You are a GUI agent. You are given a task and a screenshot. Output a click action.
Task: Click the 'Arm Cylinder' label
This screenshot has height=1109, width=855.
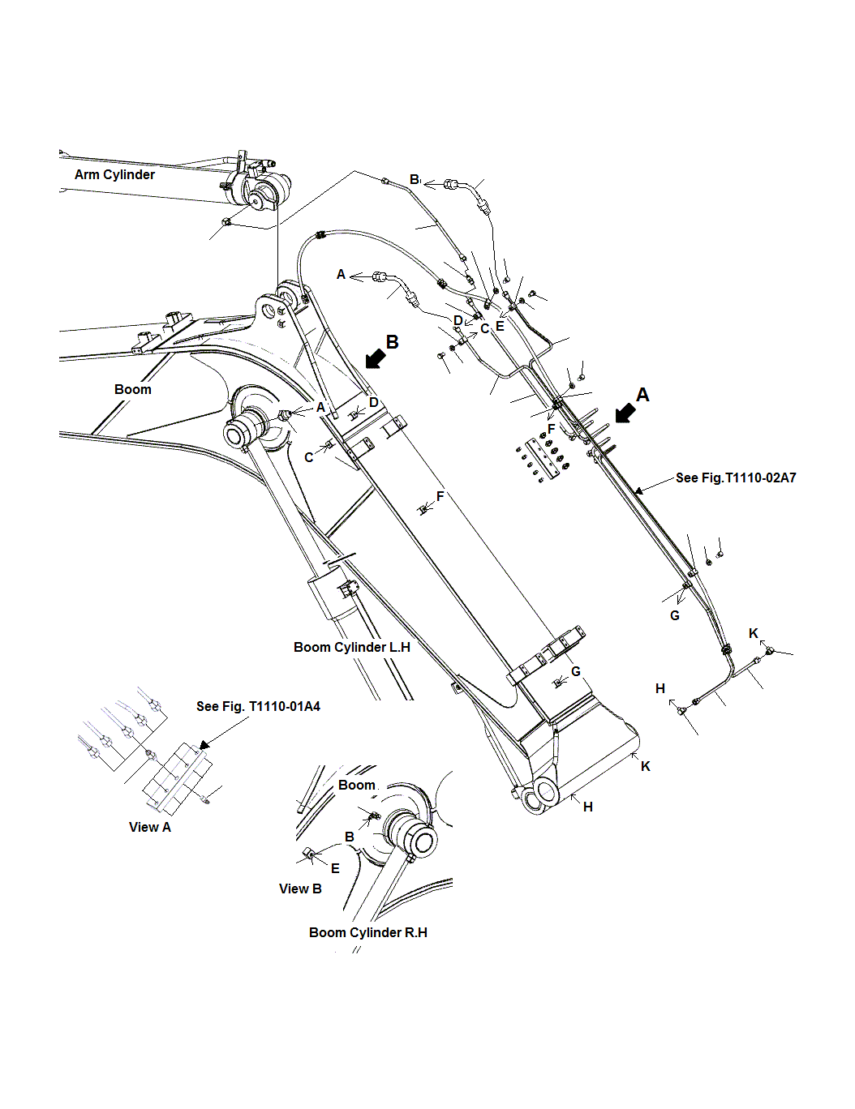coord(114,175)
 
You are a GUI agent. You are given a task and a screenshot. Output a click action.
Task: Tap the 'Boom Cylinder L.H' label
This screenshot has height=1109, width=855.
coord(352,648)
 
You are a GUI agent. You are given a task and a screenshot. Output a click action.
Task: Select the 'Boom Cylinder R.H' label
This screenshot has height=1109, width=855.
coord(368,933)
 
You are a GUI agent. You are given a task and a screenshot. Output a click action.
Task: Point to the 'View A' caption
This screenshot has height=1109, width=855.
coord(150,828)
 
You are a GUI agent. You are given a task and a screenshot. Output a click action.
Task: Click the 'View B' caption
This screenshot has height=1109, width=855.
coord(300,889)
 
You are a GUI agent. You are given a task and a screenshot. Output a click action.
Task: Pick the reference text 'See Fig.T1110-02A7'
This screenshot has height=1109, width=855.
coord(736,478)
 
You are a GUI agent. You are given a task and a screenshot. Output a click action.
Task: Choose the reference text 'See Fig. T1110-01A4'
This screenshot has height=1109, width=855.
coord(258,707)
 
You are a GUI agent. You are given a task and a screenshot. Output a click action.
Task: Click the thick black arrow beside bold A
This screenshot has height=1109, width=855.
coord(625,413)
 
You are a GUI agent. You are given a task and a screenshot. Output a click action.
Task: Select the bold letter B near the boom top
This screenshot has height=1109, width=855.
coord(393,342)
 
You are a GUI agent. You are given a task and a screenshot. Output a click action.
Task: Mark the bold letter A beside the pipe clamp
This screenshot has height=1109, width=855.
coord(642,395)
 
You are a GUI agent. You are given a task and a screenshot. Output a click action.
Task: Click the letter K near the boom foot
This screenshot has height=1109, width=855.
coord(646,767)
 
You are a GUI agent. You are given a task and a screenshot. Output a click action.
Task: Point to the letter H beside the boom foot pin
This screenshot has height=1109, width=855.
coord(588,807)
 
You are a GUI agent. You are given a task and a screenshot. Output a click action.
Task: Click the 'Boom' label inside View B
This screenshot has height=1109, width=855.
coord(357,786)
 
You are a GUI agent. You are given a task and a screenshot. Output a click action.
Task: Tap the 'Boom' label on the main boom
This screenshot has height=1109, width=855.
coord(133,390)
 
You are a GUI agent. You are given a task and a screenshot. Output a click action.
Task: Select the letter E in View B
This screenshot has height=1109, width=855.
coord(335,868)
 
